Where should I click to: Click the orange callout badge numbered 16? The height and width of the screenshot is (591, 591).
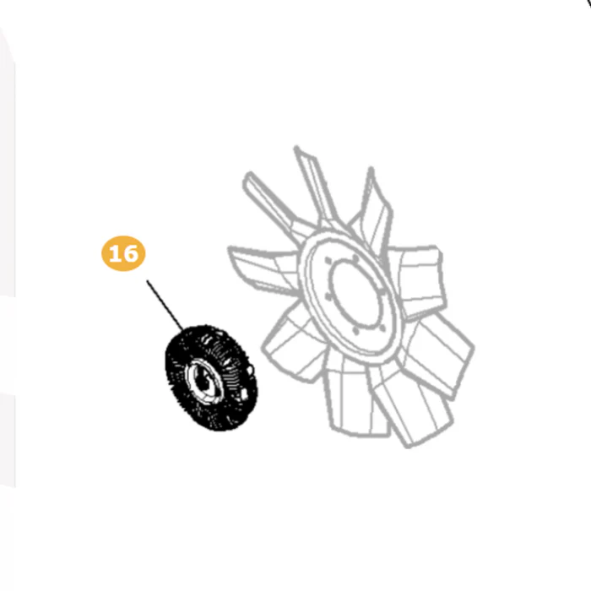[x=123, y=253]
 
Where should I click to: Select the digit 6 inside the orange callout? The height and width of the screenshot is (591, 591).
[x=131, y=253]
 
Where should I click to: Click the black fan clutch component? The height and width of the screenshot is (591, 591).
[x=211, y=377]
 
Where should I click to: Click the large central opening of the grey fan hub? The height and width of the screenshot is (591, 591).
[x=355, y=294]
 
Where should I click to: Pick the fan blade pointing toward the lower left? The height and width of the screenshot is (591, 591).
[x=293, y=347]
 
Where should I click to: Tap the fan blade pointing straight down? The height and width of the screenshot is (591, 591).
[x=356, y=399]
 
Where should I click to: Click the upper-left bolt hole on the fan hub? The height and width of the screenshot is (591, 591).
[x=328, y=261]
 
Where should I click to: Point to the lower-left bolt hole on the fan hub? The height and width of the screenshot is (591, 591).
[x=328, y=297]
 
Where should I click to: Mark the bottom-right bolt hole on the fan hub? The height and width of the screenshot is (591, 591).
[x=382, y=328]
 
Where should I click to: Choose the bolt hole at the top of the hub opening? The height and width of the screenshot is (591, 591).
[x=355, y=258]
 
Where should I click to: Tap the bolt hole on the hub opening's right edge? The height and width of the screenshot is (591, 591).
[x=382, y=292]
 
